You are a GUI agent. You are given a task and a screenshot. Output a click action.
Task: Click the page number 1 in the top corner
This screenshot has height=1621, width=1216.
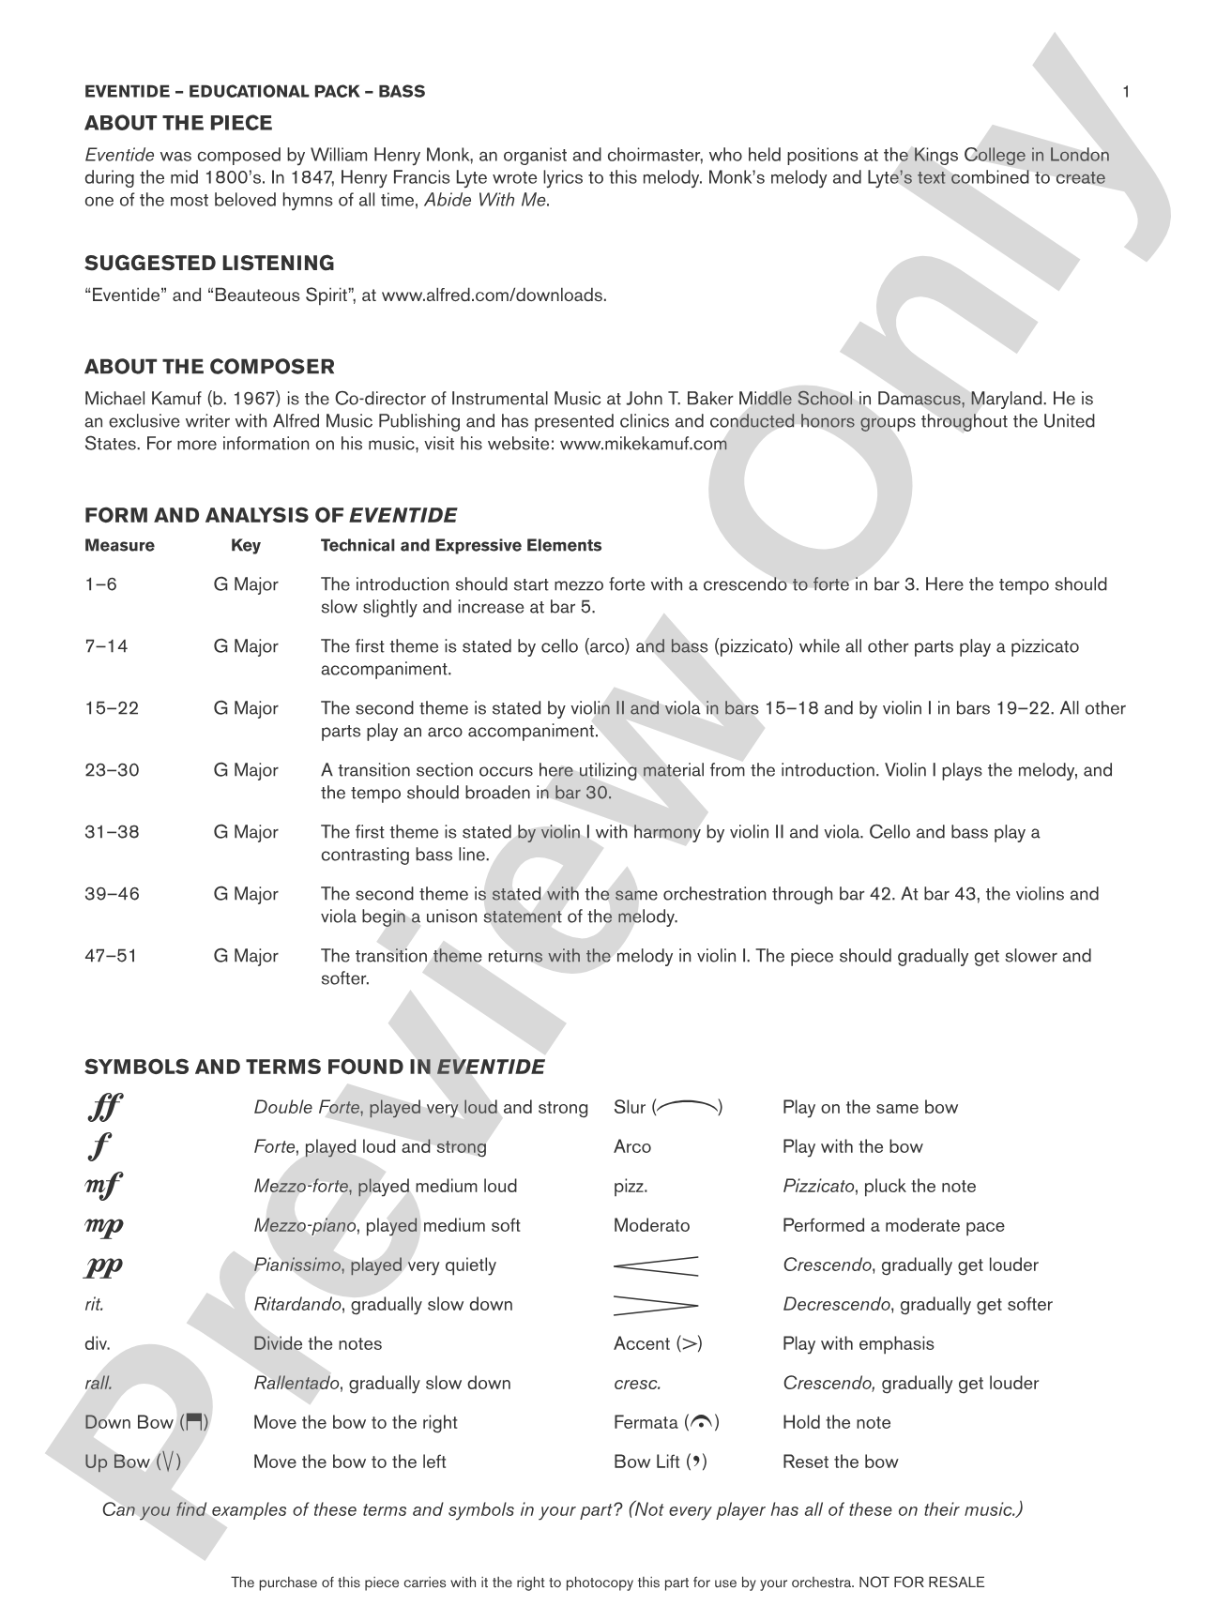tap(1126, 91)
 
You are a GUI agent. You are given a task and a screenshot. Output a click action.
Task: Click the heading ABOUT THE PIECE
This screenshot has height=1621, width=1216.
tap(178, 123)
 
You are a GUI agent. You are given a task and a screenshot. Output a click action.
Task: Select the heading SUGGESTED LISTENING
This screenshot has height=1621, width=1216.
tap(209, 263)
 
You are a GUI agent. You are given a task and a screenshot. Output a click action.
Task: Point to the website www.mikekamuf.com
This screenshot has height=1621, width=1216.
tap(643, 444)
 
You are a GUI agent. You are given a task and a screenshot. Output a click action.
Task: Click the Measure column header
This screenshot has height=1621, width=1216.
tap(119, 545)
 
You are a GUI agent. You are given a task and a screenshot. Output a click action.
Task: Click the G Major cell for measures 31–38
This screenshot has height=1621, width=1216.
tap(246, 832)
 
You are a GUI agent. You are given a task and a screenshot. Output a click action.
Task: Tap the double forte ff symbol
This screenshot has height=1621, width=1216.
tap(104, 1108)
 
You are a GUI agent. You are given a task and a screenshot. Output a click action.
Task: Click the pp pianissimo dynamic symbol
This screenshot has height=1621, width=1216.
tap(104, 1265)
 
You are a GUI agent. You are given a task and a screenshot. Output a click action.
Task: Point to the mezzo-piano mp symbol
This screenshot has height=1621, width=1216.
tap(104, 1226)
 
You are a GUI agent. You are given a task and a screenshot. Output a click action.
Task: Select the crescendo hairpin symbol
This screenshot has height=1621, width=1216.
tap(656, 1265)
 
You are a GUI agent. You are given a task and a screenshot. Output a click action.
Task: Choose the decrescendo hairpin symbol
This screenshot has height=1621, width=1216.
tap(656, 1305)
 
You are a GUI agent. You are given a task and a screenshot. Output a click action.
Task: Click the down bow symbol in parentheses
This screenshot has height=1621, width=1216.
tap(195, 1422)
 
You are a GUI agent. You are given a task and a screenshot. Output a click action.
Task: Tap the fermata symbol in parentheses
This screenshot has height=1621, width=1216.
tap(701, 1422)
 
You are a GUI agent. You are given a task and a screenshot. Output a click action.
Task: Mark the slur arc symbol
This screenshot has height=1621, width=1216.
tap(688, 1107)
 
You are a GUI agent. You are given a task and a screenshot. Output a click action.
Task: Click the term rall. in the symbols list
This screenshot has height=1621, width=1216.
tap(99, 1383)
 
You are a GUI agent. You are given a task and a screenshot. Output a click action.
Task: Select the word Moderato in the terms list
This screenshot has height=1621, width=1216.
tap(651, 1225)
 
